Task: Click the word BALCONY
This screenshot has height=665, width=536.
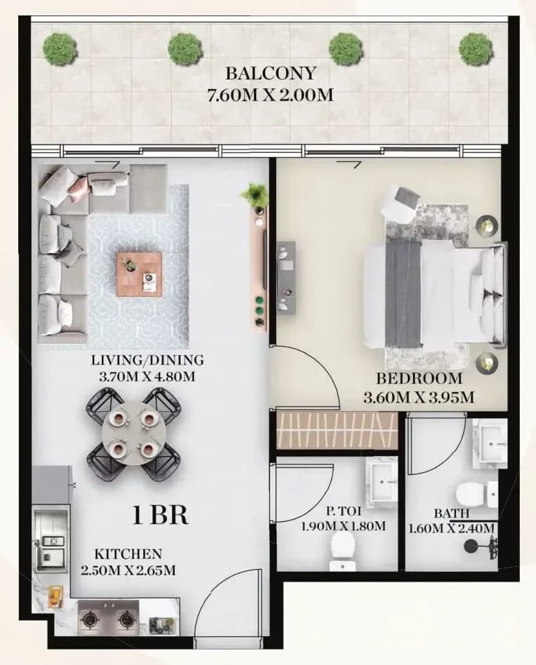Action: (x=270, y=74)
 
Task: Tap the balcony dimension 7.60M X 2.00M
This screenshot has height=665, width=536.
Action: (x=270, y=95)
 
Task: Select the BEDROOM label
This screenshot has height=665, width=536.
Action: (x=419, y=377)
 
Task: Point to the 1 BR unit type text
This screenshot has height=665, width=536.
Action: (x=161, y=516)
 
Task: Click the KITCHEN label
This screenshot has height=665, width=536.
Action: (x=129, y=554)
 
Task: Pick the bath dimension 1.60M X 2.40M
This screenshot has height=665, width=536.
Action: (x=452, y=528)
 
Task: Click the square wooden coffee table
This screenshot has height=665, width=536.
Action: (x=139, y=274)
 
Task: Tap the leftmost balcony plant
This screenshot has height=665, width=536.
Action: (x=60, y=49)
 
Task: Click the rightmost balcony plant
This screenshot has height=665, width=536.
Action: (x=475, y=49)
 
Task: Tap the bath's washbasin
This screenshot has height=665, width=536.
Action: (x=490, y=444)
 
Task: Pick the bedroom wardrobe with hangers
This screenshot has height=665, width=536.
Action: (x=336, y=430)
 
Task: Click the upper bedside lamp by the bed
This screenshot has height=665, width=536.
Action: (x=486, y=224)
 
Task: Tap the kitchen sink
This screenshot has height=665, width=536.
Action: (x=52, y=547)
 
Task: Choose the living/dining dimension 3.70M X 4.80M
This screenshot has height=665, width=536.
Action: (x=147, y=376)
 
